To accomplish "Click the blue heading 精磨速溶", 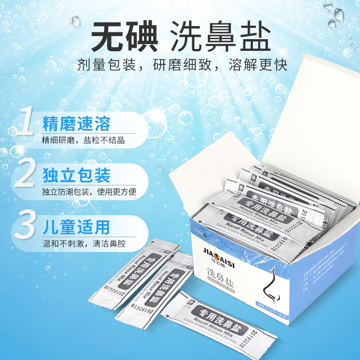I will pos(76,123).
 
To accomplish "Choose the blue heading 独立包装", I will pos(76,175).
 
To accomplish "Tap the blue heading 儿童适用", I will pos(76,227).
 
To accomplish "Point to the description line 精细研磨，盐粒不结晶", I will pos(83,140).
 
